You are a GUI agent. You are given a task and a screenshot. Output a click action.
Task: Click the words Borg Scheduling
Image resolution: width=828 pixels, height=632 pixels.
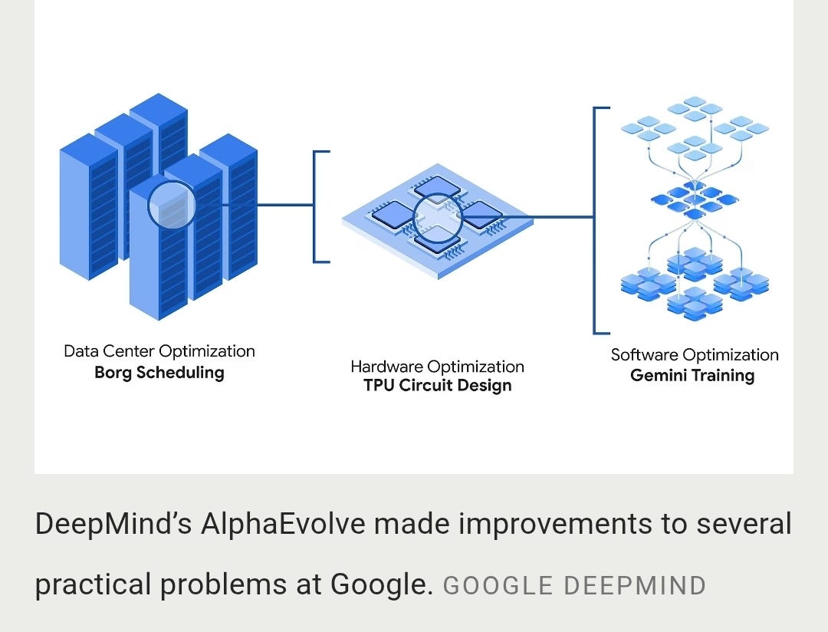click(159, 373)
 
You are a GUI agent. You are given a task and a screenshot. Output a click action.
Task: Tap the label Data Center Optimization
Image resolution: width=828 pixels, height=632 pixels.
click(159, 351)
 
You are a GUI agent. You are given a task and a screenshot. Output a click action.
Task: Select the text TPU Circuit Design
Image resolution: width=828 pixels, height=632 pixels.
click(438, 385)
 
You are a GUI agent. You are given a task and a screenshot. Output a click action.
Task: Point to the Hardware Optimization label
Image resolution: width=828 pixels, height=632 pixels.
click(437, 367)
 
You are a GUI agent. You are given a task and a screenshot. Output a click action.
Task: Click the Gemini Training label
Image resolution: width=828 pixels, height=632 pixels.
click(692, 376)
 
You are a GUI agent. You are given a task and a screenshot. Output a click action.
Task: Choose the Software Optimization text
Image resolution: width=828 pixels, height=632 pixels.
click(695, 354)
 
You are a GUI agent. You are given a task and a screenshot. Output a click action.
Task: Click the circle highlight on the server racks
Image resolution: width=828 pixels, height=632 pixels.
click(172, 183)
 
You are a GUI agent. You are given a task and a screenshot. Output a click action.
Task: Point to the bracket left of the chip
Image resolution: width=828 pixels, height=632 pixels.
click(314, 206)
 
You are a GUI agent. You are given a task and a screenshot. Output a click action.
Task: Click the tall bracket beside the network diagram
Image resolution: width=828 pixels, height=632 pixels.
click(594, 220)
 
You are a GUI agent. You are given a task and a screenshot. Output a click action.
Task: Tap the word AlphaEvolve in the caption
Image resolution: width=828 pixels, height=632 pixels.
click(282, 524)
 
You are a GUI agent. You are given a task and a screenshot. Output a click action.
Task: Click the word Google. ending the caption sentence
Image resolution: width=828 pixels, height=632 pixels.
click(382, 584)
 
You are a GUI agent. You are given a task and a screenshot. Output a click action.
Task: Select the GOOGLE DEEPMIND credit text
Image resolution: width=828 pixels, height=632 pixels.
click(574, 585)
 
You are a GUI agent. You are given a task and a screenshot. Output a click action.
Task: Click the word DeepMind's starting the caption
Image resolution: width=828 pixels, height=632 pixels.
click(113, 524)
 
